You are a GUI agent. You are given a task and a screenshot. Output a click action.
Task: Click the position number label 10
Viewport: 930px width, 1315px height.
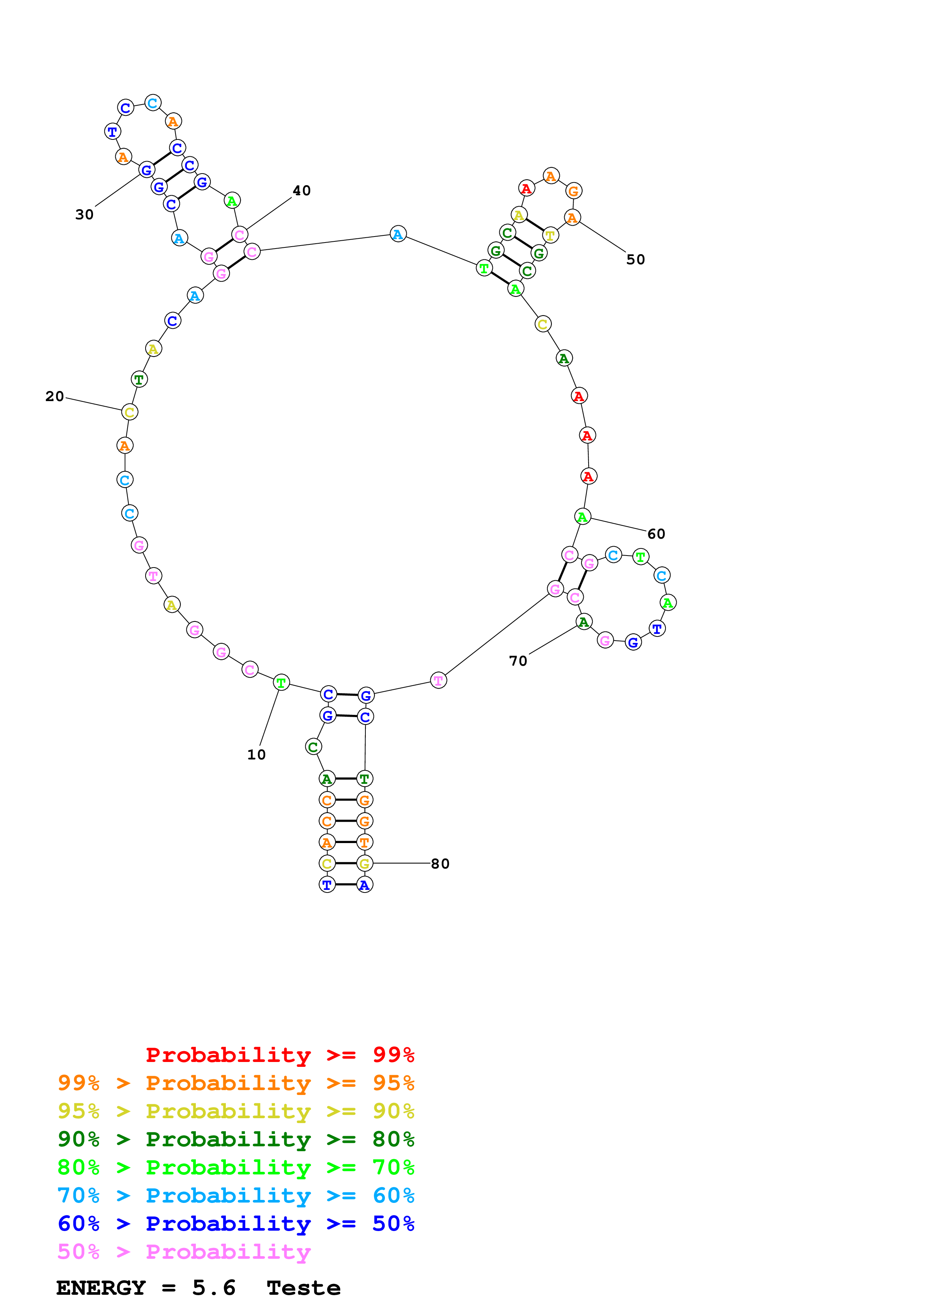click(256, 755)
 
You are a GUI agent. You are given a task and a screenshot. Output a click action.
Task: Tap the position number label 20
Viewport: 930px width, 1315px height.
click(54, 396)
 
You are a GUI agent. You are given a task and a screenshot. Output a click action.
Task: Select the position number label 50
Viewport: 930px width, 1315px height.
click(636, 259)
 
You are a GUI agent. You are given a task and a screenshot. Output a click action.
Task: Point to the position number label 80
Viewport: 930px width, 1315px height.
click(440, 864)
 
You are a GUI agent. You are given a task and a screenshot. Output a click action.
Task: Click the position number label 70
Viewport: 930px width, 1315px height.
click(518, 661)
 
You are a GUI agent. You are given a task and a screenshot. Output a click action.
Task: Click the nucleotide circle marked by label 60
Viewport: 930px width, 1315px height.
click(582, 517)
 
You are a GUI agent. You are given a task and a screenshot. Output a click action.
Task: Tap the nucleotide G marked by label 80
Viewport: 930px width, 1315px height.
click(364, 863)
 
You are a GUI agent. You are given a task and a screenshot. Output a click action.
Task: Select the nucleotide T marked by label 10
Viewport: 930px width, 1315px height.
click(281, 683)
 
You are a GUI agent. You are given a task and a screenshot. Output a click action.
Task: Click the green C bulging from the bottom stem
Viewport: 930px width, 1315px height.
click(313, 746)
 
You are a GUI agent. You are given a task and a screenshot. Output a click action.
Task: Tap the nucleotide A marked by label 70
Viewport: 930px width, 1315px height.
click(583, 622)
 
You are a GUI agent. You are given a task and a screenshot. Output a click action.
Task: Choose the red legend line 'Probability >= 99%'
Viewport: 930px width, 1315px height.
click(279, 1054)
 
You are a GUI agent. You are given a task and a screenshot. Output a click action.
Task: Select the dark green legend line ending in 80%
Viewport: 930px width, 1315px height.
click(236, 1139)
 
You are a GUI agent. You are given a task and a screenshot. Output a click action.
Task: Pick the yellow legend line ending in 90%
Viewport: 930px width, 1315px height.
click(236, 1111)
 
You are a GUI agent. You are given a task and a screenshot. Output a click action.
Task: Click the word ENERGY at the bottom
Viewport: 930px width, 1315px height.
click(101, 1288)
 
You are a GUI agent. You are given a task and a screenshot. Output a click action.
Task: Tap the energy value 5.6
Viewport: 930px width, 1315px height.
click(214, 1288)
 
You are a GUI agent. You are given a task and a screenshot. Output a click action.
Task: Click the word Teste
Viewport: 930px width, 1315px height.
click(304, 1288)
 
